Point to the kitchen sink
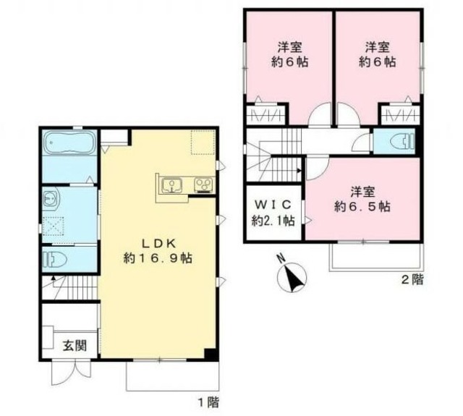coord(172,186)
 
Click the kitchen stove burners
coord(203,186)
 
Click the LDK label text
coord(154,243)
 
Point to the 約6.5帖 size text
coord(362,207)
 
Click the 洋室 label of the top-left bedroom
coord(289,47)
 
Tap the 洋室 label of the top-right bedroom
coord(377,47)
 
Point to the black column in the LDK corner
coord(211,354)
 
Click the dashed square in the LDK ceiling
coord(203,143)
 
